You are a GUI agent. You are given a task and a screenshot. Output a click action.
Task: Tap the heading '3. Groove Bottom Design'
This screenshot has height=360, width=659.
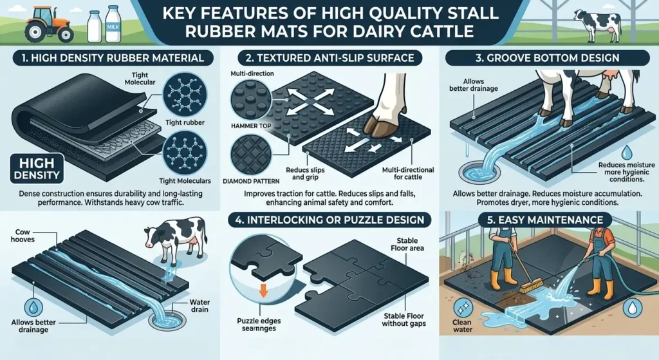tap(549, 58)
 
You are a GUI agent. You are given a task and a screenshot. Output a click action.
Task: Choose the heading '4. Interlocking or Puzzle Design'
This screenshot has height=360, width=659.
tap(329, 220)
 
